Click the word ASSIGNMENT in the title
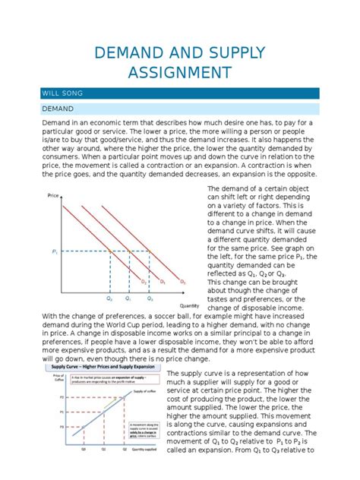coord(180,73)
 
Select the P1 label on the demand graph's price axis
coord(55,251)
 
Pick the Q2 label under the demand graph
coord(109,300)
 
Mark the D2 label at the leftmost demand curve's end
coord(143,282)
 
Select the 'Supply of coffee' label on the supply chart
coord(144,390)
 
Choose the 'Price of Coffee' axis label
coord(58,378)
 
